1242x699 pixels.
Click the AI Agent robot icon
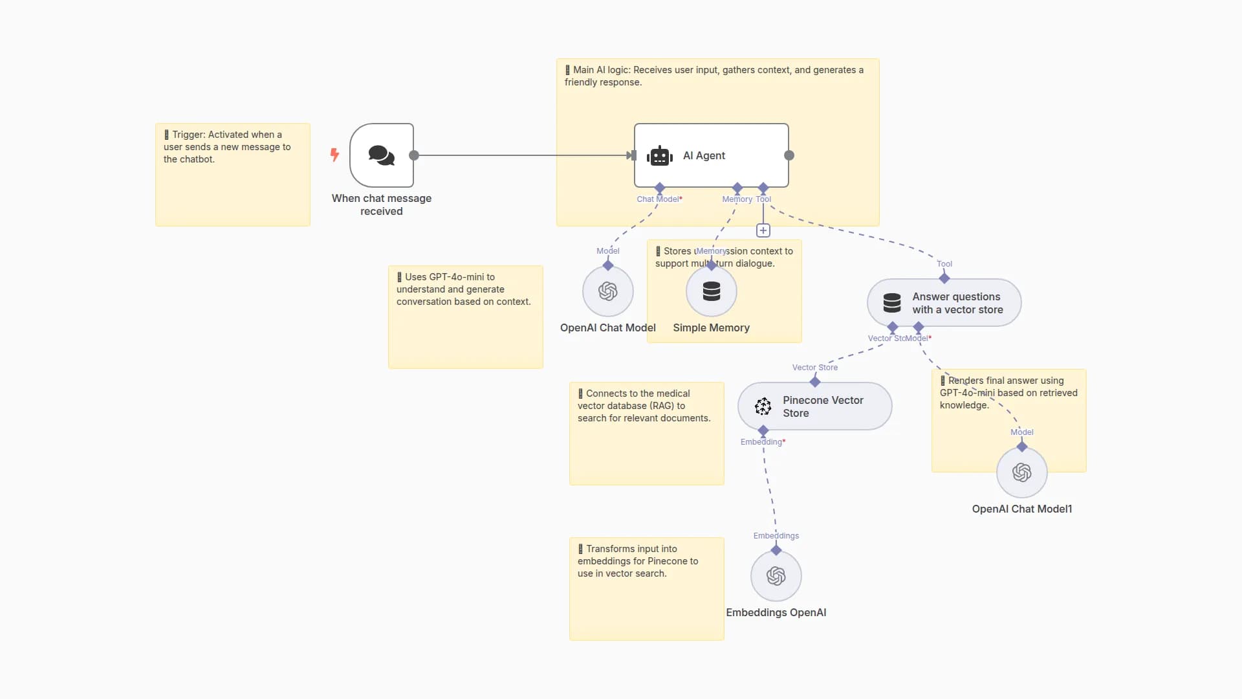[x=659, y=156]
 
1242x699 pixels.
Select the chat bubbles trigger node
[x=382, y=155]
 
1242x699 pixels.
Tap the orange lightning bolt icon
[x=334, y=155]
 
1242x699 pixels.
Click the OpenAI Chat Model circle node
[x=608, y=291]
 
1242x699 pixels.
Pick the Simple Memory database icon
[x=712, y=291]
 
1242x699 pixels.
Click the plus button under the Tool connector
[x=763, y=230]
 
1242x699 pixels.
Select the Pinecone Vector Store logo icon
[x=763, y=406]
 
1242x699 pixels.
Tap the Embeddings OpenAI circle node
[x=776, y=576]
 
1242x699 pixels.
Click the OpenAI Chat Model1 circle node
[x=1022, y=472]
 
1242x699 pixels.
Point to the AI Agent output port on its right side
[x=789, y=155]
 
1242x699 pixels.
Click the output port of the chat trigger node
[x=414, y=155]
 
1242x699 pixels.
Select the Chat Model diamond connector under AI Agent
[x=660, y=188]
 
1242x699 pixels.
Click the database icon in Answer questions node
[x=892, y=303]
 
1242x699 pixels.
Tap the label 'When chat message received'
[x=382, y=205]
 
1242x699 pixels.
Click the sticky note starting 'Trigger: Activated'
[x=233, y=188]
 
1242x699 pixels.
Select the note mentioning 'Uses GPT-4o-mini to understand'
[x=466, y=330]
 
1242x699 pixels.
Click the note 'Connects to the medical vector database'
[x=647, y=447]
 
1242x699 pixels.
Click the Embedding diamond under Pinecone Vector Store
[x=763, y=430]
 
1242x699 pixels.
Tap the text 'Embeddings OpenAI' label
[x=776, y=612]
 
